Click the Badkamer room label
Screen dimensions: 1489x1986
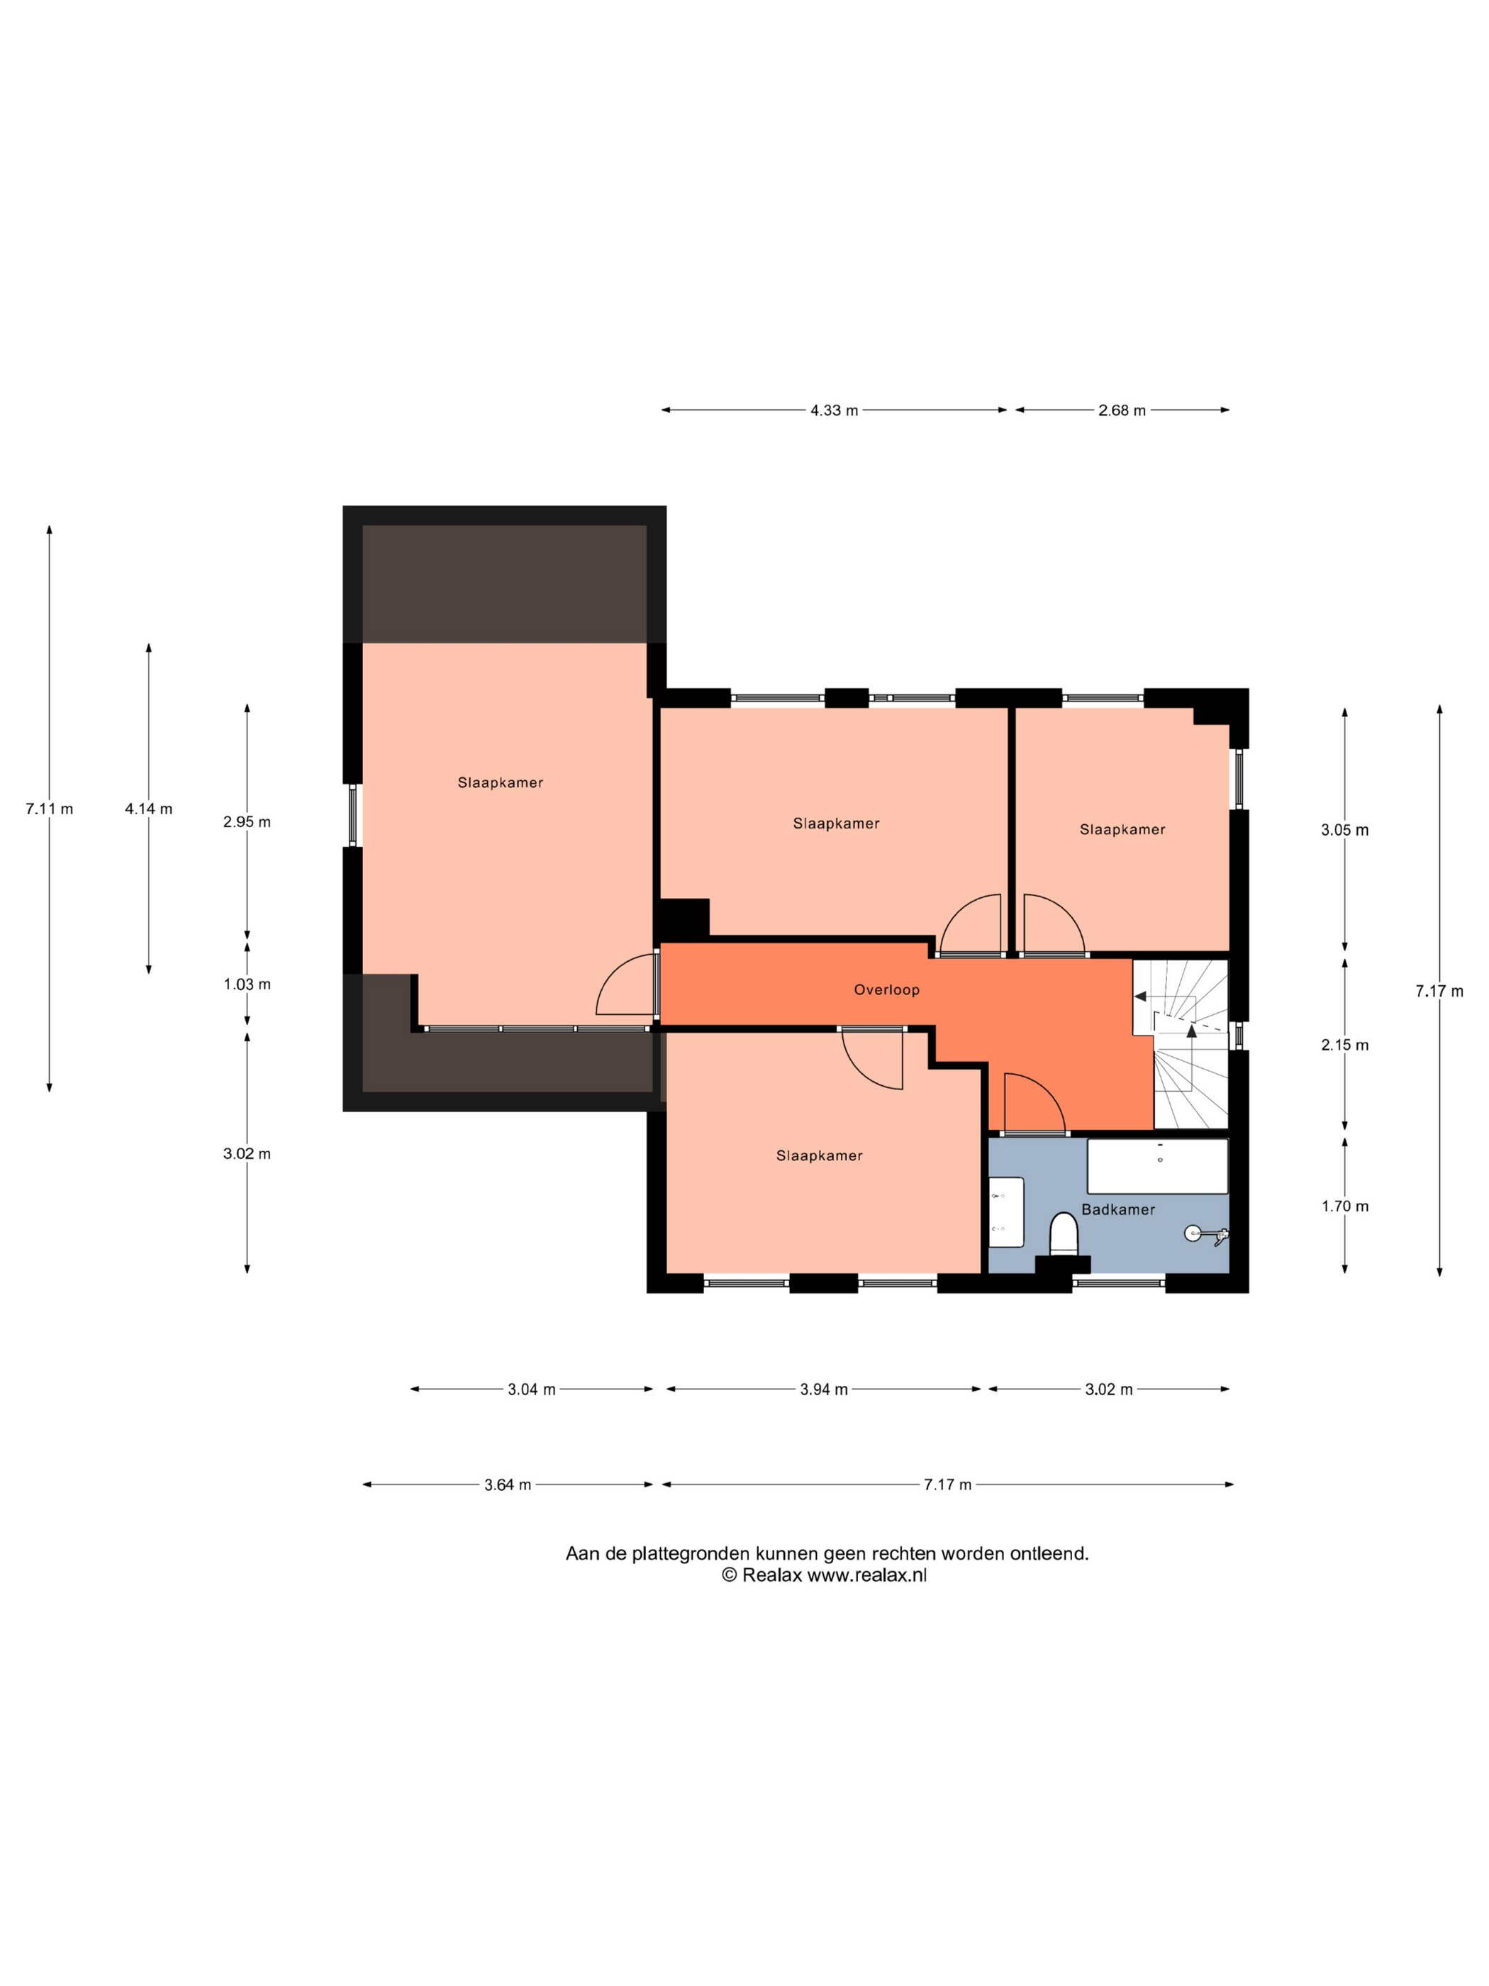[x=1117, y=1209]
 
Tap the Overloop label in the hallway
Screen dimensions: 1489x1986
[x=886, y=990]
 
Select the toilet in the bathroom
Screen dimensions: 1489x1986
[x=1064, y=1235]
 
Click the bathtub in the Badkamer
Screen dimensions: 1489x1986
[x=1157, y=1166]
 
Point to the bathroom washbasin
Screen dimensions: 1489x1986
[x=1006, y=1212]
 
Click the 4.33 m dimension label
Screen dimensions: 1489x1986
[x=834, y=410]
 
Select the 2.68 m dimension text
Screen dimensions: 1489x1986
[x=1122, y=410]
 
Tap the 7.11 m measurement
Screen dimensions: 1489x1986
[x=50, y=809]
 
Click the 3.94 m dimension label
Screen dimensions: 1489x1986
[x=824, y=1389]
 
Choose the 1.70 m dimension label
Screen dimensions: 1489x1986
[x=1344, y=1206]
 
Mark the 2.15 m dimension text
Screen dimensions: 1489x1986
[x=1344, y=1045]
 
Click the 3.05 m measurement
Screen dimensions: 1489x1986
[x=1344, y=831]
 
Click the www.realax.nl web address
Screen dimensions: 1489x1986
[x=866, y=1575]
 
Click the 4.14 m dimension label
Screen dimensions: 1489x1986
[x=148, y=809]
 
